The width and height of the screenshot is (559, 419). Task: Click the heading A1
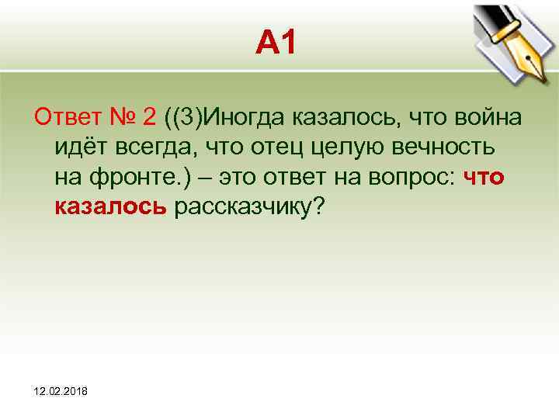coord(276,45)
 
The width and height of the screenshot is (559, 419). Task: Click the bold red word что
coord(484,177)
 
